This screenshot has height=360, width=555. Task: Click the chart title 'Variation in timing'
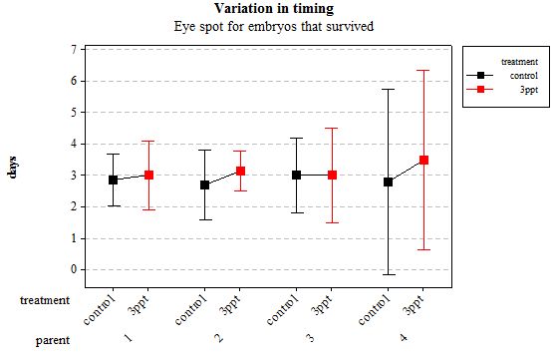(273, 9)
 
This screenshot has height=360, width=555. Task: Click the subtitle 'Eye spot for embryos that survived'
(273, 27)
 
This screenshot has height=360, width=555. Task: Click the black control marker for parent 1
(114, 180)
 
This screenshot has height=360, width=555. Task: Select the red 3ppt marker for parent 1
(148, 175)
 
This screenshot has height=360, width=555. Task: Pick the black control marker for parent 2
(205, 184)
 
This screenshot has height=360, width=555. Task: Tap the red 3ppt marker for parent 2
(240, 171)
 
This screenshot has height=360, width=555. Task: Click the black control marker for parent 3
(297, 175)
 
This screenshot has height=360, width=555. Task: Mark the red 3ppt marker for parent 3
(332, 175)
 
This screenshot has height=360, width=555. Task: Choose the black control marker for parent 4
(389, 181)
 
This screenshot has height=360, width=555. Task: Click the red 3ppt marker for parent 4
(423, 160)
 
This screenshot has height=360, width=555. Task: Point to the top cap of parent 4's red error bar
(423, 70)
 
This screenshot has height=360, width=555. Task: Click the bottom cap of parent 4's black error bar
(389, 274)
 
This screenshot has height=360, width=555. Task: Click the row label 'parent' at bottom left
(52, 340)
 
